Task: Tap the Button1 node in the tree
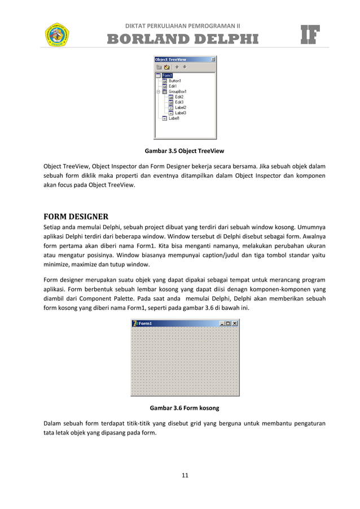coord(174,81)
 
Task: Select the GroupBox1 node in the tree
coord(178,91)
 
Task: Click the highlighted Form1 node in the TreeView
coord(167,75)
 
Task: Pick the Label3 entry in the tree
coord(180,113)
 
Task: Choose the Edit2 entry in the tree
coord(179,96)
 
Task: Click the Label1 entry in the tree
coord(174,118)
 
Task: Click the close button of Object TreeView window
coord(213,59)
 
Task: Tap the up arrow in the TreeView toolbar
coord(177,67)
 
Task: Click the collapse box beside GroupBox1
coord(158,91)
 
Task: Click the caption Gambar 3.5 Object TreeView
coord(185,151)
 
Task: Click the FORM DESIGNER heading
coord(76,216)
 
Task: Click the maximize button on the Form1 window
coord(227,323)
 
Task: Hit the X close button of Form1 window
coord(235,323)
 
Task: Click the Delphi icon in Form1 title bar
coord(135,323)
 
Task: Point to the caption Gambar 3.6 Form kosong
coord(184,407)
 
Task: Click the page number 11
coord(185,475)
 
